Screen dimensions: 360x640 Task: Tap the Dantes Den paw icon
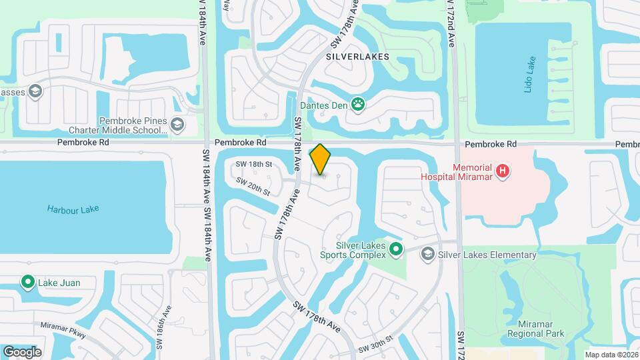pyautogui.click(x=359, y=104)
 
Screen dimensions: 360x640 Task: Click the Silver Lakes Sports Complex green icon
pyautogui.click(x=396, y=250)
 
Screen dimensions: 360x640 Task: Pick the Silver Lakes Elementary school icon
pyautogui.click(x=427, y=254)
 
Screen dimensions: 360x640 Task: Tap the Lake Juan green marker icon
pyautogui.click(x=28, y=283)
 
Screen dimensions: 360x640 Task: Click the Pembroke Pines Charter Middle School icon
pyautogui.click(x=177, y=125)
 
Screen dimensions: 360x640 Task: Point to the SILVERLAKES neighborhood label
pyautogui.click(x=358, y=57)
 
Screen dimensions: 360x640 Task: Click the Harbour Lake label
pyautogui.click(x=73, y=209)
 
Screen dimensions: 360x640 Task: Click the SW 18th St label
pyautogui.click(x=254, y=164)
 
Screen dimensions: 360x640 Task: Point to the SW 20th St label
pyautogui.click(x=253, y=187)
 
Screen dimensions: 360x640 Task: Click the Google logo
pyautogui.click(x=22, y=351)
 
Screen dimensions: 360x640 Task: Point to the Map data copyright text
pyautogui.click(x=610, y=355)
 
